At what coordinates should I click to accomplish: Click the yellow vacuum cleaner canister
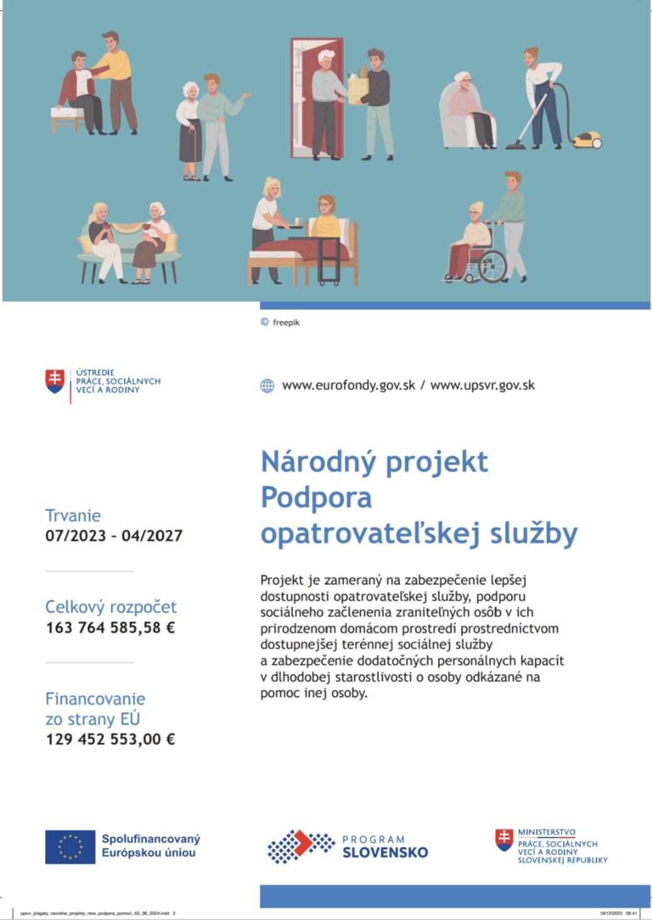click(587, 140)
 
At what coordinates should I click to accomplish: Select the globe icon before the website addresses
click(267, 386)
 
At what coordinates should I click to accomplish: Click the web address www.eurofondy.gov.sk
click(348, 385)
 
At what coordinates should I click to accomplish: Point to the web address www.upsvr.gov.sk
click(482, 385)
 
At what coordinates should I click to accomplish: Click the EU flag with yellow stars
click(70, 847)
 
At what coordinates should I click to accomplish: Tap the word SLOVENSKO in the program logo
click(385, 852)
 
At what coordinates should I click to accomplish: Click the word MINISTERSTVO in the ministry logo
click(546, 832)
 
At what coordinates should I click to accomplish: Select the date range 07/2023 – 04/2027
click(114, 536)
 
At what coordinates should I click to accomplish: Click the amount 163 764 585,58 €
click(110, 628)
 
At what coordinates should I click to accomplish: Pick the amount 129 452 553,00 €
click(110, 739)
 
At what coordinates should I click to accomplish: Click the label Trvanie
click(73, 515)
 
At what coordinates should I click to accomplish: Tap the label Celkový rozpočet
click(111, 607)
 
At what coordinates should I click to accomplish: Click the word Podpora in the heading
click(316, 498)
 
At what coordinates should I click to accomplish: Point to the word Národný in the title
click(318, 462)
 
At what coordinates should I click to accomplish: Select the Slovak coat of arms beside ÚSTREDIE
click(55, 381)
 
